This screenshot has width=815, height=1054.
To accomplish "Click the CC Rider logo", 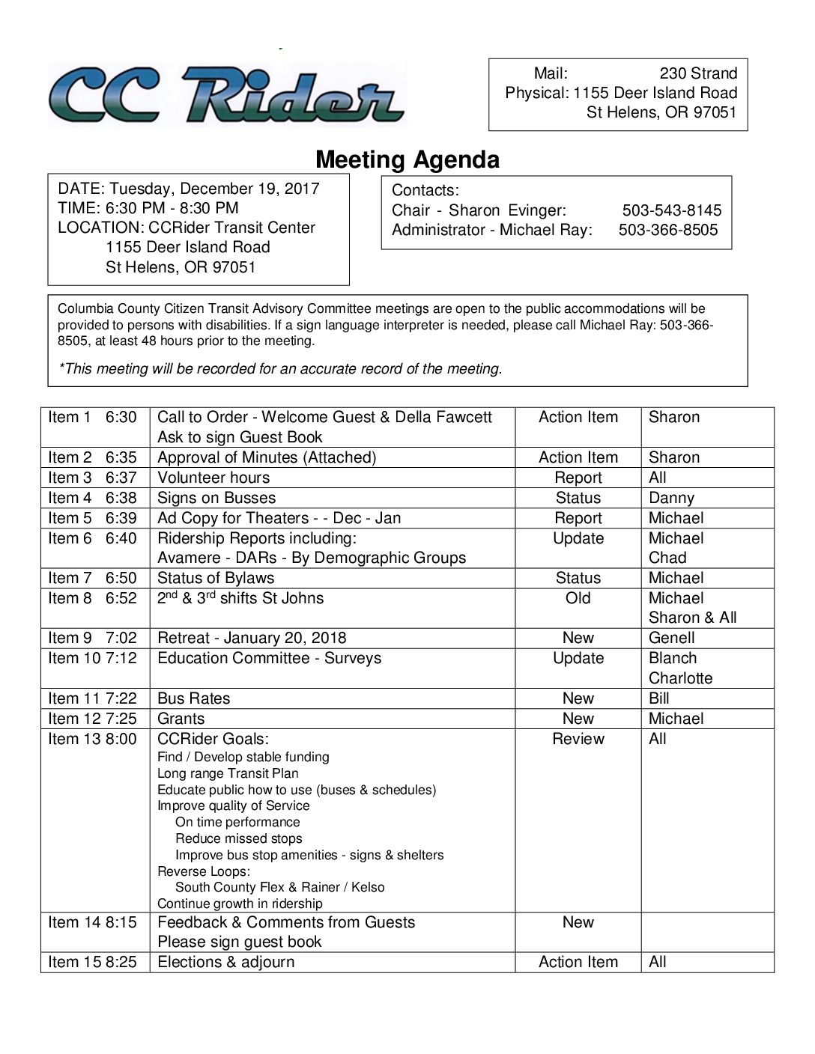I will tap(226, 95).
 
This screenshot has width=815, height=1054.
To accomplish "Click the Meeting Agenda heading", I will tap(407, 159).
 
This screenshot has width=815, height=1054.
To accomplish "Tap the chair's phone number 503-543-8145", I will tap(671, 210).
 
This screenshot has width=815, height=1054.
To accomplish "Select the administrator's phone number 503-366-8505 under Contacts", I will tap(667, 230).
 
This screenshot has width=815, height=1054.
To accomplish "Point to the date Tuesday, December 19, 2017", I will tap(215, 189).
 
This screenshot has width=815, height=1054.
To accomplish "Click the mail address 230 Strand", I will tap(697, 73).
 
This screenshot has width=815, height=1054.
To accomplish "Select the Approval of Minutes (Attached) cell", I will tap(267, 457).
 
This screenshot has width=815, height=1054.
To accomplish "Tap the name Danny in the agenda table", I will tap(671, 498).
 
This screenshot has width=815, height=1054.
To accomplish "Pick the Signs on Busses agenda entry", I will tap(216, 498).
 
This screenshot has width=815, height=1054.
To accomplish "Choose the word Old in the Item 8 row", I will tap(578, 598).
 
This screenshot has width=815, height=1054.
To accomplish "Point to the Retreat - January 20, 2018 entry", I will tap(252, 638).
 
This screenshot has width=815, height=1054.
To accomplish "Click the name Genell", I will tap(671, 638).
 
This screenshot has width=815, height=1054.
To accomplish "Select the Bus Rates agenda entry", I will tap(193, 698).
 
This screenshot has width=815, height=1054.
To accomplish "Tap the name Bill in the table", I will tap(659, 698).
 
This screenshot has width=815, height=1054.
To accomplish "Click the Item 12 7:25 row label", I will tap(92, 719).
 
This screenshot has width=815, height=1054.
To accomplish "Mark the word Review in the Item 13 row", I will tap(578, 739).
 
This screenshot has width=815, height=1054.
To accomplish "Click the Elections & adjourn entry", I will tap(225, 962).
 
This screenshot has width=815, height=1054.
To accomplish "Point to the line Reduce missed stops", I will tap(238, 838).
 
